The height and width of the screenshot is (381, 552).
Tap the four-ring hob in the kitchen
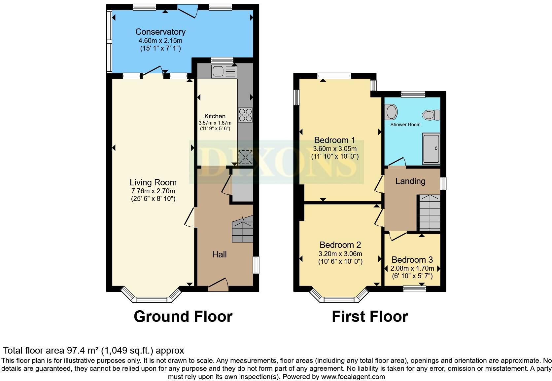tap(245, 115)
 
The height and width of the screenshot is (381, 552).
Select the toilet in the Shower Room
tap(431, 115)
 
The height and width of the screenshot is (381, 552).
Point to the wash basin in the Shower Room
tap(391, 112)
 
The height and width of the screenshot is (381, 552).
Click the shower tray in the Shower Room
tap(431, 149)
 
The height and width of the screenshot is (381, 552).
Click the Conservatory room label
tap(160, 32)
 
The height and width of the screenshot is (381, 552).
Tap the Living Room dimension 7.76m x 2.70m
tap(153, 191)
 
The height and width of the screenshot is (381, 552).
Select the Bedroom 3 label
tap(412, 260)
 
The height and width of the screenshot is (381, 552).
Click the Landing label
tap(410, 181)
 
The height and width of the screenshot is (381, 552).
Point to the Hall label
tap(219, 254)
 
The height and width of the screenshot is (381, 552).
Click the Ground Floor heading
tap(183, 317)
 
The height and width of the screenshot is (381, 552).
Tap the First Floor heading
tap(370, 317)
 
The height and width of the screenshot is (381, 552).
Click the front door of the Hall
tap(218, 285)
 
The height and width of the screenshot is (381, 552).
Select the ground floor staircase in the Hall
tap(243, 229)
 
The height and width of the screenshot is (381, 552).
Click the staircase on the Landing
tap(430, 212)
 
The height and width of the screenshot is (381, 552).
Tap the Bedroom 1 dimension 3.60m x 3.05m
tap(335, 149)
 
